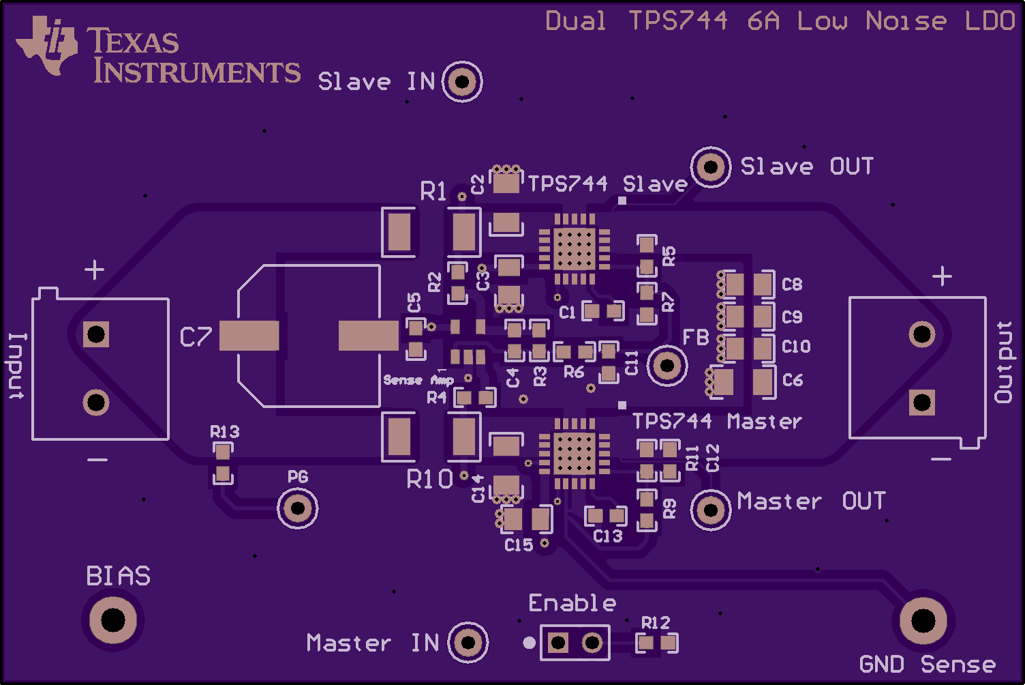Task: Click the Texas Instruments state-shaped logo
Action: (47, 45)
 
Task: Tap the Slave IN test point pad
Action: (462, 82)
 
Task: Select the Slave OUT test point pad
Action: (711, 167)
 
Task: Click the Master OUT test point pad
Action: (711, 510)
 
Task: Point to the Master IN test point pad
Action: (468, 643)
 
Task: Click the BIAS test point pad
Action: (113, 620)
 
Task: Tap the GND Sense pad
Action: (923, 621)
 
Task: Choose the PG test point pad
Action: (297, 508)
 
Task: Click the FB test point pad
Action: (667, 366)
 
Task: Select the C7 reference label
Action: (196, 337)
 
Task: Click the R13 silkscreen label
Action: (225, 432)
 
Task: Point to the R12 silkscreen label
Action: (656, 623)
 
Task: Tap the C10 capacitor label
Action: (796, 347)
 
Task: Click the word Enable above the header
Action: (572, 603)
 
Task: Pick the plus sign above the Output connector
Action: (942, 276)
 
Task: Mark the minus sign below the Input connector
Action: (97, 460)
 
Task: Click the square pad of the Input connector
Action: (96, 334)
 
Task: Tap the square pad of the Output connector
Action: (922, 403)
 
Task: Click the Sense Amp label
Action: (418, 380)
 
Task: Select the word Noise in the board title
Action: (906, 21)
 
